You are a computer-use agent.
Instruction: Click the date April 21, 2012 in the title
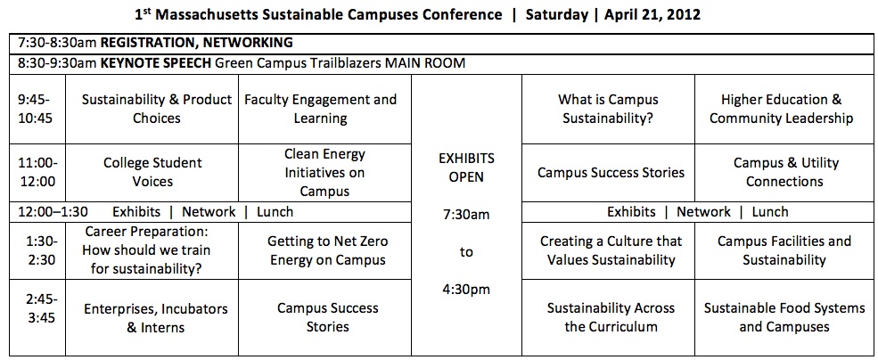[652, 15]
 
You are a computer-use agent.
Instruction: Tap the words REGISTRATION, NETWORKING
[196, 42]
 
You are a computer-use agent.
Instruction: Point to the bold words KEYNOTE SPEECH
[156, 63]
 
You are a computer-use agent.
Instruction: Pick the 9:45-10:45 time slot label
[37, 110]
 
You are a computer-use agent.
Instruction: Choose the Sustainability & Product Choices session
[157, 110]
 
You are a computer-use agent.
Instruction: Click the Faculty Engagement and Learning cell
[320, 110]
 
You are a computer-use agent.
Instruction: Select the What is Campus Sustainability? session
[608, 110]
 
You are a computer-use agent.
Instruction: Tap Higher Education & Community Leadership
[782, 110]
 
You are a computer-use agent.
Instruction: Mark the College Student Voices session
[152, 172]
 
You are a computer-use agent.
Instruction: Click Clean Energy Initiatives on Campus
[324, 173]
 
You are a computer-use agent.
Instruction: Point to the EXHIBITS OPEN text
[466, 168]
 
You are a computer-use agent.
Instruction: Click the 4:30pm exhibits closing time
[466, 290]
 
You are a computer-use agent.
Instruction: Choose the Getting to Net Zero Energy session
[327, 250]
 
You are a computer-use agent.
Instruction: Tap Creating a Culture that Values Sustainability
[611, 250]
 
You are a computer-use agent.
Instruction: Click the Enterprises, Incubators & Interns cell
[156, 318]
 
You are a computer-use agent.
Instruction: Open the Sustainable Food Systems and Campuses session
[784, 317]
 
